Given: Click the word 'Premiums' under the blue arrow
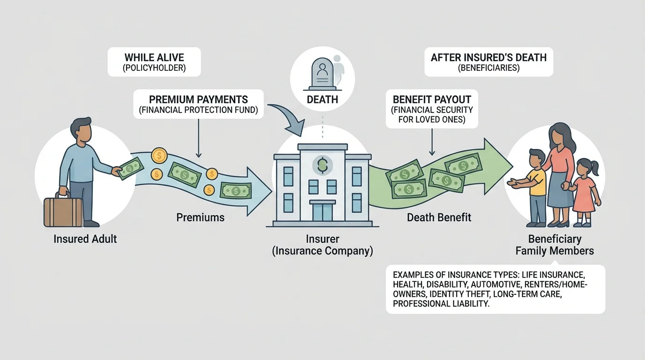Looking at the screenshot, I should coord(200,217).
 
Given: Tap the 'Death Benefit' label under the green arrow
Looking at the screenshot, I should coord(439,217).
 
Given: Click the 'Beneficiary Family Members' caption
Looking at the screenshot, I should coord(555,245).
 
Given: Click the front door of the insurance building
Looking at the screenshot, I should coord(322,211).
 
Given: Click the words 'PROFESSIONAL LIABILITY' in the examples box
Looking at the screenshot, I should coord(441,304).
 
